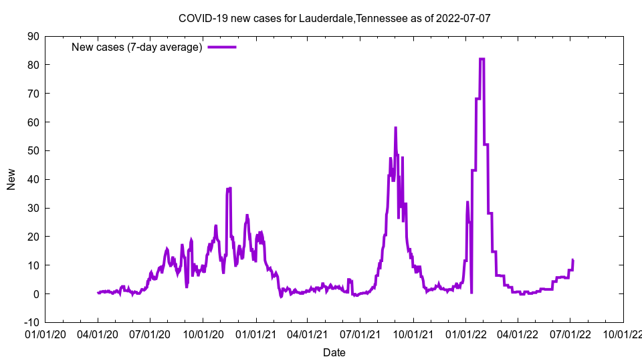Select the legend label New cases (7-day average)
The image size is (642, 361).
[x=136, y=47]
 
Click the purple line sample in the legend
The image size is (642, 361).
[x=221, y=47]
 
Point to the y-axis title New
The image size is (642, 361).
[x=11, y=179]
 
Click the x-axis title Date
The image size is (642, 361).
[x=334, y=352]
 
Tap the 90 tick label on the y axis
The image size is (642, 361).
[x=33, y=36]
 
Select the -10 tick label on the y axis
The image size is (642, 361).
[x=31, y=322]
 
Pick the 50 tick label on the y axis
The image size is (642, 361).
[x=33, y=150]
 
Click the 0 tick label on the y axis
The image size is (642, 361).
[x=35, y=293]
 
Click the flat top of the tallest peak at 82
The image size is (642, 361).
[x=481, y=59]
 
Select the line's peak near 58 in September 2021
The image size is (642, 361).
[x=395, y=128]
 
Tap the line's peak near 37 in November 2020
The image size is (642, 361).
[x=229, y=189]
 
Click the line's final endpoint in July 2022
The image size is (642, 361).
[x=573, y=260]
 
